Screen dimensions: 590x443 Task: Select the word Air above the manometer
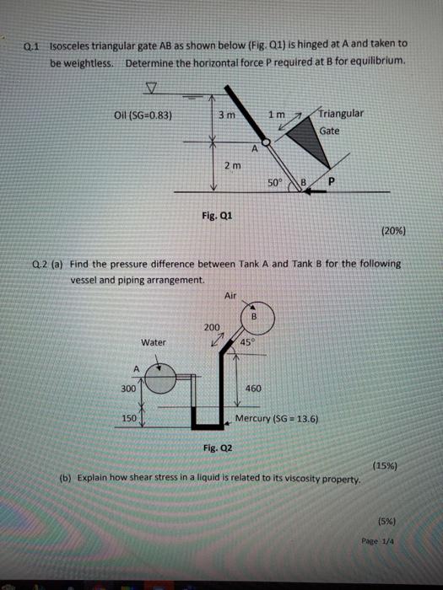230,296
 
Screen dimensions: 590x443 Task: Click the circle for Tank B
253,317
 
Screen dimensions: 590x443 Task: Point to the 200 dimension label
211,327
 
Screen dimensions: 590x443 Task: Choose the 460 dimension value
253,389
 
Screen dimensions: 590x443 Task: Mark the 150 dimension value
129,417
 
